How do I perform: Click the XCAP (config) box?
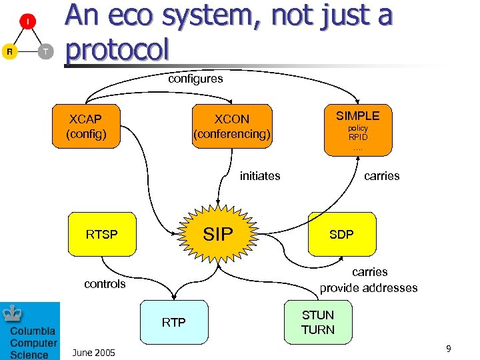pyautogui.click(x=85, y=126)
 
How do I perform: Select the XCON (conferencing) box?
pyautogui.click(x=231, y=126)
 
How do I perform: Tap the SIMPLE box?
pyautogui.click(x=357, y=129)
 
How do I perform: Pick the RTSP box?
pyautogui.click(x=101, y=234)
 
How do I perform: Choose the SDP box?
pyautogui.click(x=341, y=234)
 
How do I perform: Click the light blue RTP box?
pyautogui.click(x=173, y=323)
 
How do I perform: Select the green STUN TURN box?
pyautogui.click(x=318, y=322)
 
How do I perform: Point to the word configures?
pyautogui.click(x=195, y=79)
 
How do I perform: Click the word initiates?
pyautogui.click(x=260, y=176)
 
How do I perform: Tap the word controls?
pyautogui.click(x=105, y=284)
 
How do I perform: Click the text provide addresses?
pyautogui.click(x=369, y=288)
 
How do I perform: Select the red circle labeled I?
pyautogui.click(x=27, y=22)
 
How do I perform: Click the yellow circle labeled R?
pyautogui.click(x=9, y=51)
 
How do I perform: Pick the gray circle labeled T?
pyautogui.click(x=45, y=51)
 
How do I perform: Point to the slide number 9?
pyautogui.click(x=449, y=349)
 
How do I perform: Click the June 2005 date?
pyautogui.click(x=93, y=352)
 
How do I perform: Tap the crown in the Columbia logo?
pyautogui.click(x=13, y=313)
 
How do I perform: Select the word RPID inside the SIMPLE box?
pyautogui.click(x=358, y=137)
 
